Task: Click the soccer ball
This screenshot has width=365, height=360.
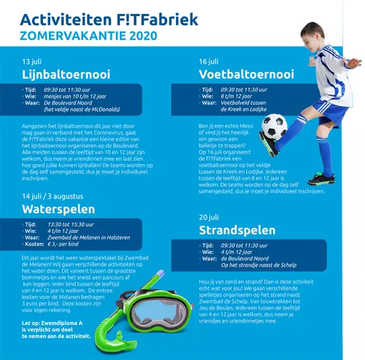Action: point(274,126)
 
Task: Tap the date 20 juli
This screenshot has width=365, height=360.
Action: point(209,218)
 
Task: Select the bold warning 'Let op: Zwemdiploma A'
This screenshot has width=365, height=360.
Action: point(55,322)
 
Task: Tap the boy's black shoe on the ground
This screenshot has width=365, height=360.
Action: point(320,178)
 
